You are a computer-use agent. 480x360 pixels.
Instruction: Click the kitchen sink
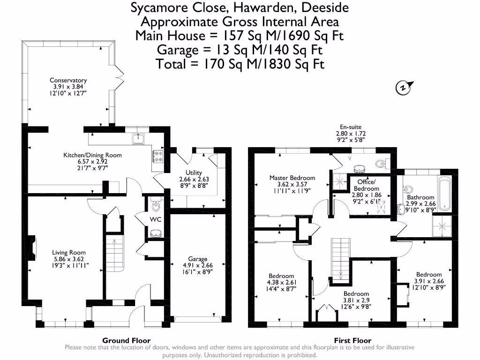139,138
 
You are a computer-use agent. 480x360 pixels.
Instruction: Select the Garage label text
197,259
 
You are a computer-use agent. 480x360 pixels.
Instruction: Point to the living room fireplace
31,247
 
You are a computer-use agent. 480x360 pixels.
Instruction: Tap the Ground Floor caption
126,341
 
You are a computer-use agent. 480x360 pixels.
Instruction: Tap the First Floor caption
352,341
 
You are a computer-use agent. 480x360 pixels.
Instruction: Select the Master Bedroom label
292,178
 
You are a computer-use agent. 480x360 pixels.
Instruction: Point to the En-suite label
350,127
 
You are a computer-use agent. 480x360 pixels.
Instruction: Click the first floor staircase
341,258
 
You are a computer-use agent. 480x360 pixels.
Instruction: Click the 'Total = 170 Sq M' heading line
240,63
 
